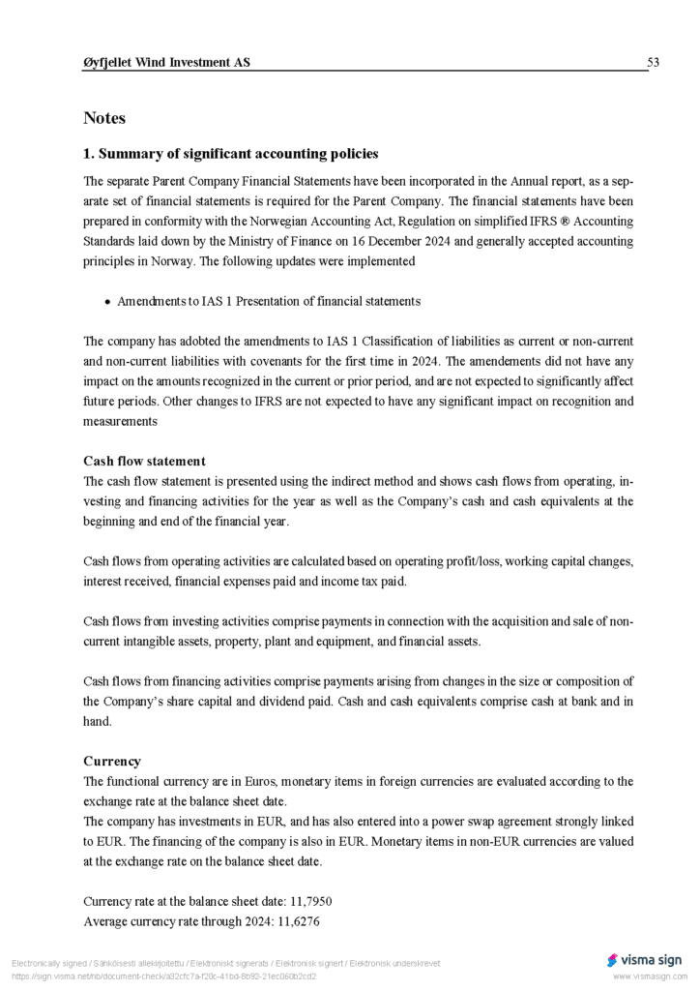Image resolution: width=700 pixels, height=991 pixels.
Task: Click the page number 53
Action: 653,63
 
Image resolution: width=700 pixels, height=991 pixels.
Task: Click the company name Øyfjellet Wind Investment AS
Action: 166,63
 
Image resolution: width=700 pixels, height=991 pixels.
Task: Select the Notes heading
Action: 104,118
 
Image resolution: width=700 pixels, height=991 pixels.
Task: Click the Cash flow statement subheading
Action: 144,461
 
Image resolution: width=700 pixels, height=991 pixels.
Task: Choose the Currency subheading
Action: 112,761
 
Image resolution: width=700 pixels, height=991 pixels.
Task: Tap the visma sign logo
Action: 645,960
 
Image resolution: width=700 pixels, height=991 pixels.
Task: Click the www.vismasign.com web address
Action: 648,976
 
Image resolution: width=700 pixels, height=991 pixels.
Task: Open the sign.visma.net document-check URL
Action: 163,976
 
